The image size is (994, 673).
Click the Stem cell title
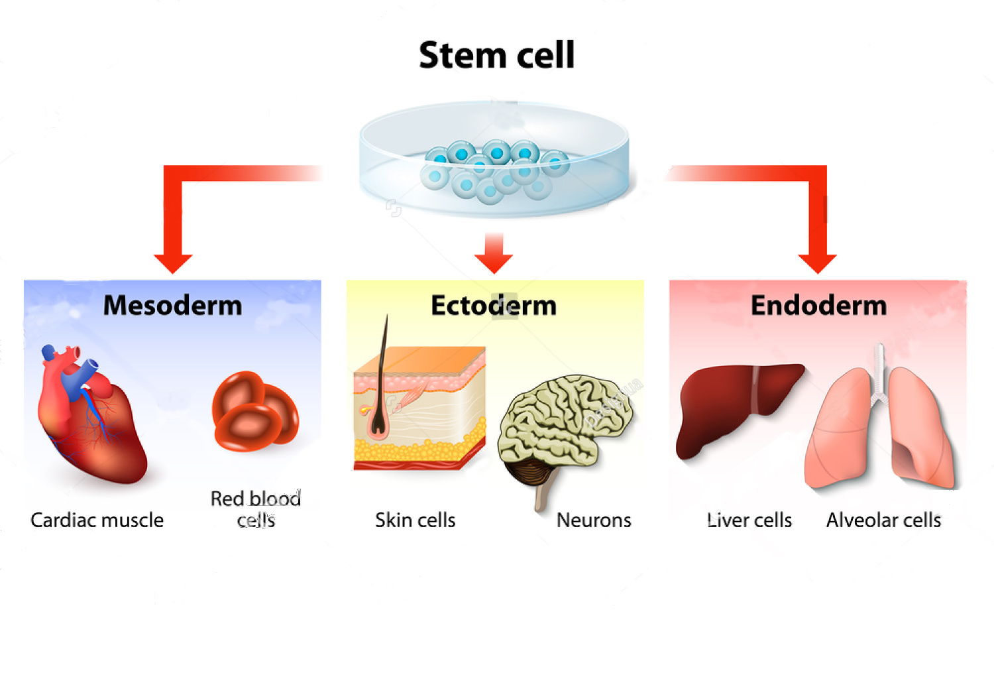(496, 55)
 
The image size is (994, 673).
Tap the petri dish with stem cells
(494, 160)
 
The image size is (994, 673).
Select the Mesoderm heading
(172, 306)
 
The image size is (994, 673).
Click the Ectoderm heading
(494, 306)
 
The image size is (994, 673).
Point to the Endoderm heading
(818, 306)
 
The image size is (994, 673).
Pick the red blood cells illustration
(255, 411)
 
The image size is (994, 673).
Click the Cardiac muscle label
(97, 520)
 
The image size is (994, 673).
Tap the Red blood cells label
(256, 509)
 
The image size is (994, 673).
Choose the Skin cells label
(415, 520)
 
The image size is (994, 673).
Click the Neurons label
(594, 520)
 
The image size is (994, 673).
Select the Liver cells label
(749, 520)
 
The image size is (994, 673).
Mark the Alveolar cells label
(883, 520)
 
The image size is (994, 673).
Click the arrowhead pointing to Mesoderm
(173, 263)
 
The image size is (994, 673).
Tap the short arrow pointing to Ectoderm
(494, 255)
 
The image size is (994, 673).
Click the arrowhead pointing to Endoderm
(817, 263)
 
